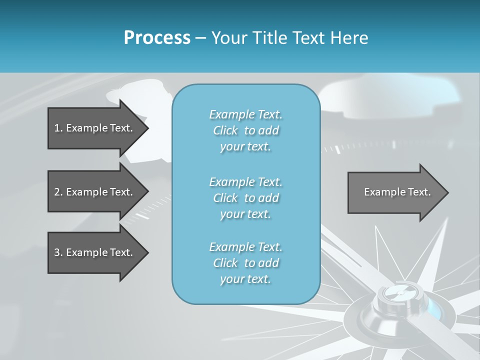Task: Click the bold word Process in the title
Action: [157, 38]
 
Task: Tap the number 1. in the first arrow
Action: [58, 128]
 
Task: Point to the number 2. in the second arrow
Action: [58, 192]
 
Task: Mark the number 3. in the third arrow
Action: [58, 252]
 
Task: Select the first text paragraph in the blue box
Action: [246, 130]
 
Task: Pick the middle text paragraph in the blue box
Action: [246, 198]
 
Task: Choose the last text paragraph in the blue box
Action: [246, 263]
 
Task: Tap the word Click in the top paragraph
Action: [225, 130]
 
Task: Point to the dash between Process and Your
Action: [200, 38]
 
